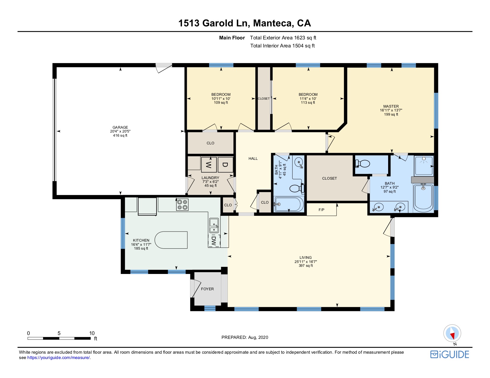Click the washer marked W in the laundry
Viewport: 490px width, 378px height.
pyautogui.click(x=208, y=165)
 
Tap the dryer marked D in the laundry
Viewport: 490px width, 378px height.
pyautogui.click(x=225, y=165)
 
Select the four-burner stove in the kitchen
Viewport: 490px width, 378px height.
pyautogui.click(x=182, y=205)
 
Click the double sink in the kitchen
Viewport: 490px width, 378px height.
pyautogui.click(x=214, y=225)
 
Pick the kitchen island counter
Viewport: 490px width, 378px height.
pyautogui.click(x=171, y=240)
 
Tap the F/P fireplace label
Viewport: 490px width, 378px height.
pyautogui.click(x=321, y=210)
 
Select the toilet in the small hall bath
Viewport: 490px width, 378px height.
pyautogui.click(x=297, y=188)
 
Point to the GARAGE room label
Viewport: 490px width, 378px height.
pyautogui.click(x=120, y=127)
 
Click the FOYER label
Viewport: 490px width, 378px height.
pyautogui.click(x=207, y=289)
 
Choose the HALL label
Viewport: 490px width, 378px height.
pyautogui.click(x=253, y=159)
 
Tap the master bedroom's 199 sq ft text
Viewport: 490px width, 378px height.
pyautogui.click(x=391, y=114)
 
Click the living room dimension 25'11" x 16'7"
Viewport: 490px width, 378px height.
pyautogui.click(x=306, y=261)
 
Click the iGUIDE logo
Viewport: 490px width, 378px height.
pyautogui.click(x=450, y=355)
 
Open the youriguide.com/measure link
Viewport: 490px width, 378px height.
pyautogui.click(x=59, y=358)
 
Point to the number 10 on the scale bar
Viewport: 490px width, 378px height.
pyautogui.click(x=92, y=333)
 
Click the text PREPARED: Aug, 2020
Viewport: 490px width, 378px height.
pyautogui.click(x=245, y=337)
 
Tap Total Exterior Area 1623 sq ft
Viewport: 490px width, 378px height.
pyautogui.click(x=283, y=38)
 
